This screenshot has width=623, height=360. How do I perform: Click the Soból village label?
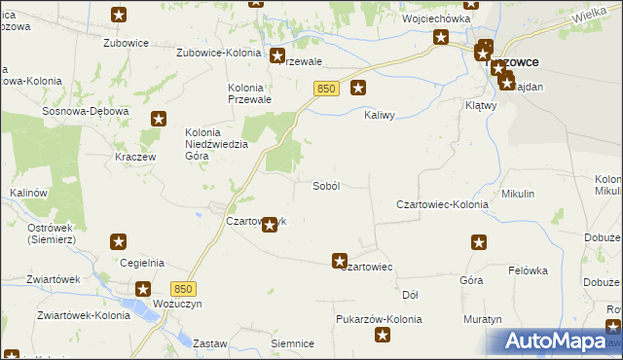(x=325, y=186)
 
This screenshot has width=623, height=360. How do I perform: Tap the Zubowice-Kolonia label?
(x=218, y=53)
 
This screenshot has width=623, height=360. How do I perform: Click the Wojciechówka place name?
(x=436, y=18)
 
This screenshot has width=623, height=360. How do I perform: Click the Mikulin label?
(x=518, y=194)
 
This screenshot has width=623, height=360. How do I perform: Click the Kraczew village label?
(x=135, y=157)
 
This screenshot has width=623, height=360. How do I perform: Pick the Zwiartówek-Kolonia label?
(x=75, y=315)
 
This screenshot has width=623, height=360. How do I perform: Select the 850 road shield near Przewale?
(x=326, y=89)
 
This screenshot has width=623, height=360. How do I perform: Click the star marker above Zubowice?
(x=119, y=15)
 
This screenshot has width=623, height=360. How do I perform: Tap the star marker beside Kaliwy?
(x=358, y=88)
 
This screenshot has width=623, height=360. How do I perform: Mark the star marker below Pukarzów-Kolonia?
(x=384, y=337)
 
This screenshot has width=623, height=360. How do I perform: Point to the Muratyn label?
(x=482, y=318)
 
